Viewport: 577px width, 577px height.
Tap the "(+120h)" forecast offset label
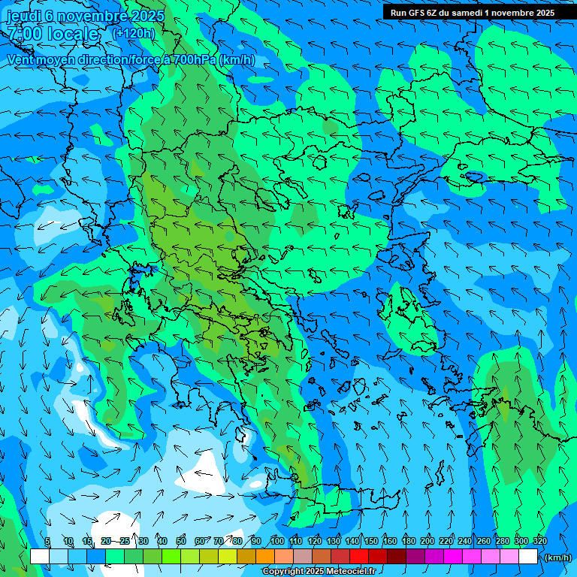click(133, 33)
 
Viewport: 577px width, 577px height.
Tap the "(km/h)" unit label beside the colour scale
click(557, 557)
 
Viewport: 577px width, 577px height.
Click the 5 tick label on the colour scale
click(47, 541)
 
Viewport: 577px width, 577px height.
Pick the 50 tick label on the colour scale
click(181, 541)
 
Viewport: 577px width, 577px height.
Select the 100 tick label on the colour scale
click(276, 541)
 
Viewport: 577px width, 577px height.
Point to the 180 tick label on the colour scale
click(408, 541)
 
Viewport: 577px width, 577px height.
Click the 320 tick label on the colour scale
click(539, 541)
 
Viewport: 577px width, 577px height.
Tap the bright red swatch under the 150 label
click(359, 557)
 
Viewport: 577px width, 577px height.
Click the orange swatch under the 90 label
click(265, 557)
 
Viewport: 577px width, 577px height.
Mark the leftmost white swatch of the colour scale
click(40, 557)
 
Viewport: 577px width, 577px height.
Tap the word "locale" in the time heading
click(72, 34)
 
